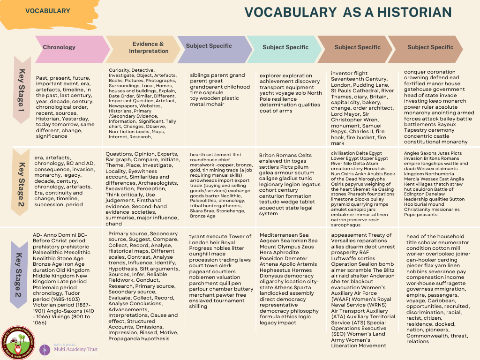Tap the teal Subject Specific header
(285, 47)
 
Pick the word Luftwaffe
(346, 257)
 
